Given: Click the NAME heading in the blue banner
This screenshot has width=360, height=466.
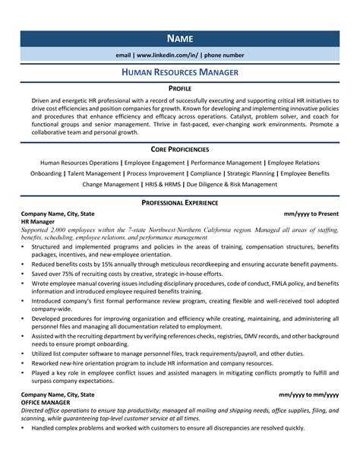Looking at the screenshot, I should coord(180,38).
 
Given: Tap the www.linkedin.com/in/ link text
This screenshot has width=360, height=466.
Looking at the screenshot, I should coord(166,55).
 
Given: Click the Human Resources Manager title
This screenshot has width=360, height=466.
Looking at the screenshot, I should coord(180,72).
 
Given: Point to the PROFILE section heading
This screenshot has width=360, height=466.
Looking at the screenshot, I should coord(180,88).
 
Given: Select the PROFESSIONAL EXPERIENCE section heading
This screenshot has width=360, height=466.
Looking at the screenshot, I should coord(180,203).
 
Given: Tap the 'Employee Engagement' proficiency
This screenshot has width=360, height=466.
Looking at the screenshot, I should coord(154,163).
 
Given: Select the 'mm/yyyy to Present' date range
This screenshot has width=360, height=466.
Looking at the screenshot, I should coord(311,215).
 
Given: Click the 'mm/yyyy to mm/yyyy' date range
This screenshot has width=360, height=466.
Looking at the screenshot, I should coord(308,395).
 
